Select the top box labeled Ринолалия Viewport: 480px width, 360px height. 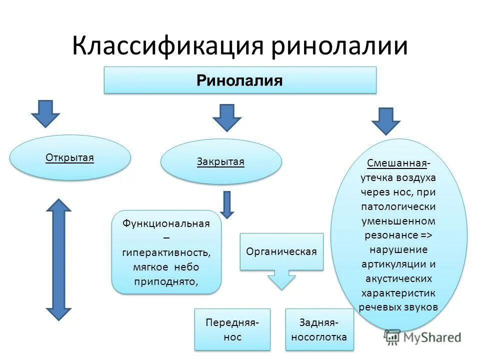(x=239, y=80)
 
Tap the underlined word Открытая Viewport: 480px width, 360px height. (x=70, y=158)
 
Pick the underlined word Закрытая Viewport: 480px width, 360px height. (x=220, y=161)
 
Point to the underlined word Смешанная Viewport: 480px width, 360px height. (x=397, y=163)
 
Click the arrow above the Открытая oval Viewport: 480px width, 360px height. (x=45, y=113)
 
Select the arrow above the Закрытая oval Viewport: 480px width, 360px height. (x=226, y=117)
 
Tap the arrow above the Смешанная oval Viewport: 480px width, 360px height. (x=385, y=120)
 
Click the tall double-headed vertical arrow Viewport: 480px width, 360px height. (x=59, y=259)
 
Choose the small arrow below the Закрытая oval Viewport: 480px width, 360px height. (x=227, y=204)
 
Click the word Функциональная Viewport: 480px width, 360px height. (x=166, y=223)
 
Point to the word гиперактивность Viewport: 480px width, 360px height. (x=166, y=252)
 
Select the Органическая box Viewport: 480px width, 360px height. (x=281, y=251)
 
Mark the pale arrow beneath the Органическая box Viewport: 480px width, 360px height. (x=281, y=279)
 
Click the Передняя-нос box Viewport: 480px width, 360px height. (x=232, y=329)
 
